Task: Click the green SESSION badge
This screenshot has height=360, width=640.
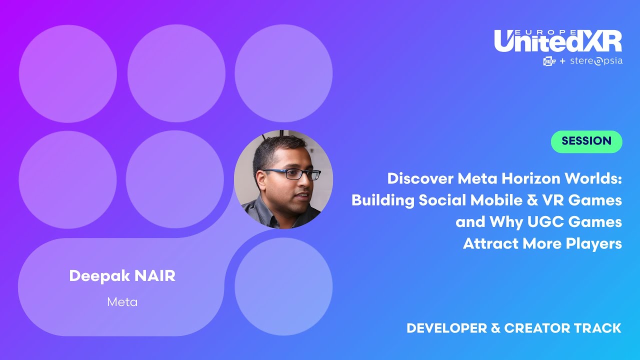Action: tap(586, 141)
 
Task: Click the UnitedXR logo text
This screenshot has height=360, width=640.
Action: tap(557, 42)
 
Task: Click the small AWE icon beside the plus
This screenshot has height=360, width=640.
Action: tap(549, 61)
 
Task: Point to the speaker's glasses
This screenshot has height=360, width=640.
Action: tap(292, 174)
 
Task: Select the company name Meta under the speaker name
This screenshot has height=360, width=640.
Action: tap(122, 302)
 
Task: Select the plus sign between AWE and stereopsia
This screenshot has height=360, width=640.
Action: tap(562, 61)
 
